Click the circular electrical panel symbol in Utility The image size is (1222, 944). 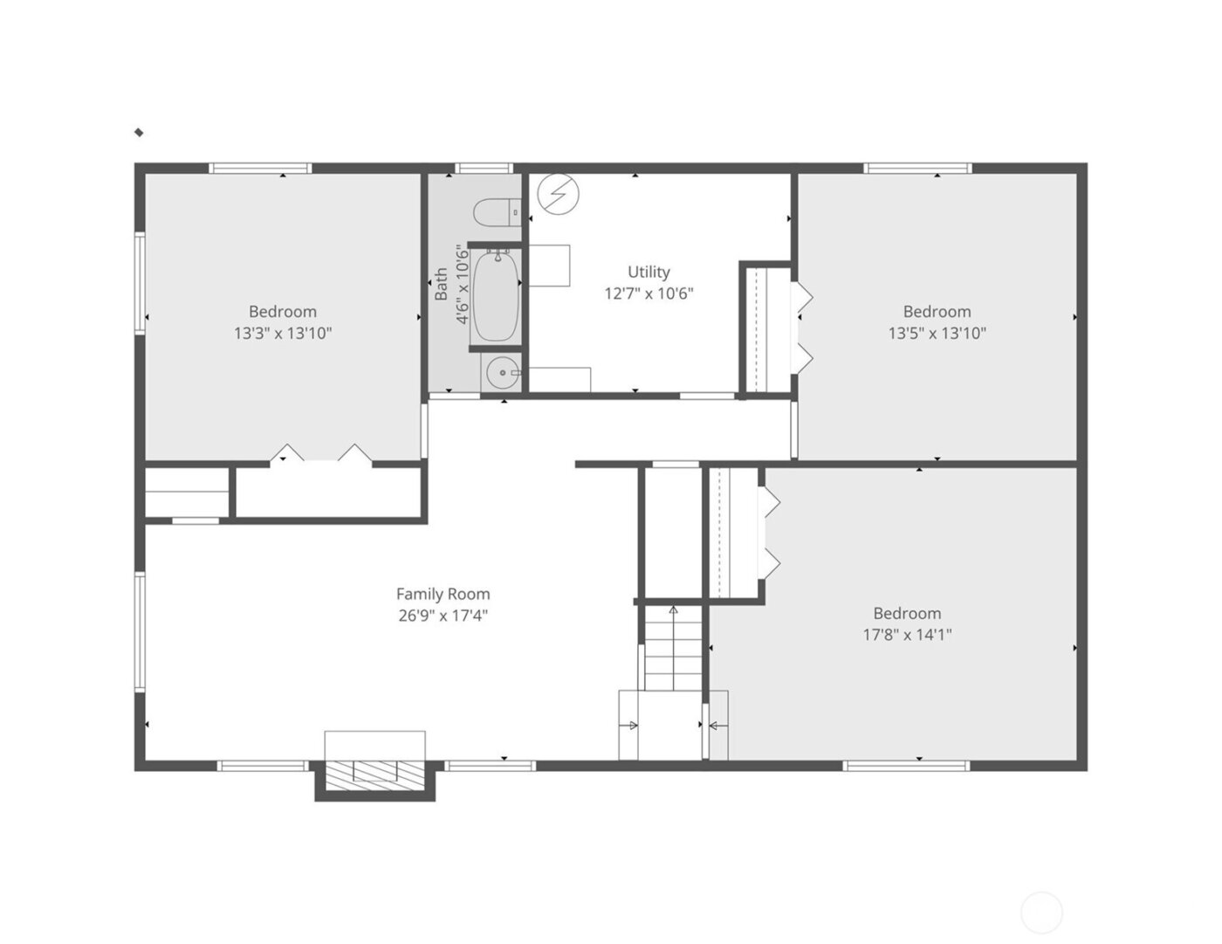coord(559,194)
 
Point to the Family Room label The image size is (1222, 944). coord(443,594)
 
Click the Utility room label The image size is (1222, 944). coord(649,272)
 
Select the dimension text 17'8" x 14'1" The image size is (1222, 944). coord(907,635)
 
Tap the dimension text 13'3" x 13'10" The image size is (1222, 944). coord(283,333)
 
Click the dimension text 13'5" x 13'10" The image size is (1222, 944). coord(937,333)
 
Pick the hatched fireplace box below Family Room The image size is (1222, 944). coord(374,775)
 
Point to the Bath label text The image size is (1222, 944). coord(442,285)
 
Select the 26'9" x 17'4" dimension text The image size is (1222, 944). coord(443,616)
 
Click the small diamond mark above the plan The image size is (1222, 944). coord(139,133)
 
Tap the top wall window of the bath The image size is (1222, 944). coord(484,168)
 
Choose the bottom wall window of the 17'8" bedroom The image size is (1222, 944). coord(906,766)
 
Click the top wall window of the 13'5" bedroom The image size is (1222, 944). coord(917,168)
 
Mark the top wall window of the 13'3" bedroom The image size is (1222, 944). coord(260,168)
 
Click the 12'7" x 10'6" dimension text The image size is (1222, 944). coord(649,293)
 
